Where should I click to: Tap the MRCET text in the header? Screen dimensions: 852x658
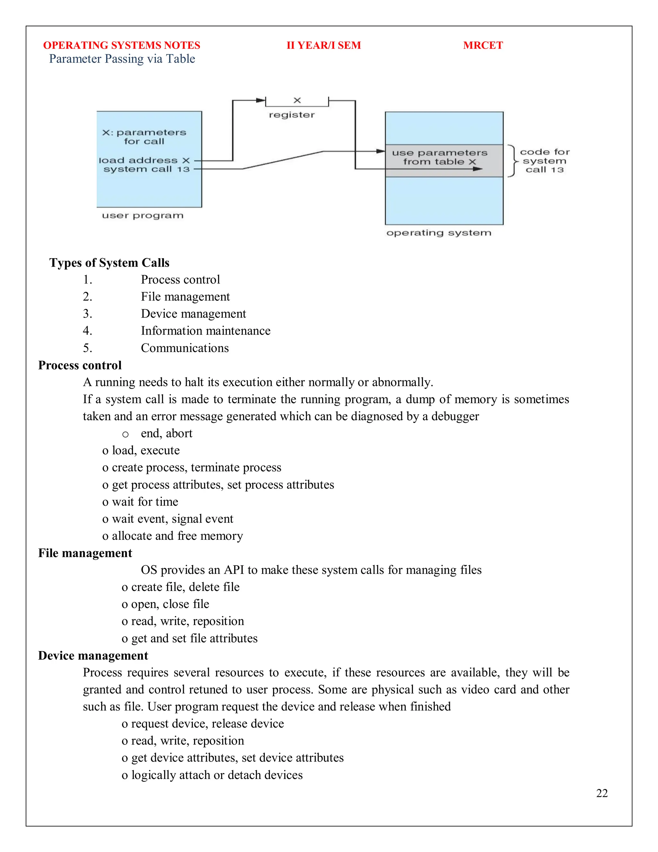(x=483, y=45)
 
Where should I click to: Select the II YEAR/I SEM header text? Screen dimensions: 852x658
(x=324, y=45)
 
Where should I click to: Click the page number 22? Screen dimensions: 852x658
(x=601, y=793)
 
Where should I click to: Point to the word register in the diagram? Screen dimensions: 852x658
(x=292, y=115)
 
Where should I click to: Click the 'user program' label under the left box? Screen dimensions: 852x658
(x=142, y=216)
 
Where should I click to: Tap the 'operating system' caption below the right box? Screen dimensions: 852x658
(x=439, y=233)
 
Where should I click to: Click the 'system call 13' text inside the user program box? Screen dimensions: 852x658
(x=146, y=169)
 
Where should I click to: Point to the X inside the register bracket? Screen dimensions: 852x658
(x=297, y=101)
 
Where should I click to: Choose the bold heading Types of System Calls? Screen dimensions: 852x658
(x=109, y=263)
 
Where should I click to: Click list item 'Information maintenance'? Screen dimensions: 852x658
(x=205, y=331)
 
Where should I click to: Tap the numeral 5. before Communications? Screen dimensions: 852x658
(x=87, y=348)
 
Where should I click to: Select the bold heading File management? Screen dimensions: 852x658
(x=85, y=553)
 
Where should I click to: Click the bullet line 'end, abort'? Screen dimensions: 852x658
(x=166, y=433)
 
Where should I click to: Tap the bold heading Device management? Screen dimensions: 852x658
(x=93, y=656)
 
